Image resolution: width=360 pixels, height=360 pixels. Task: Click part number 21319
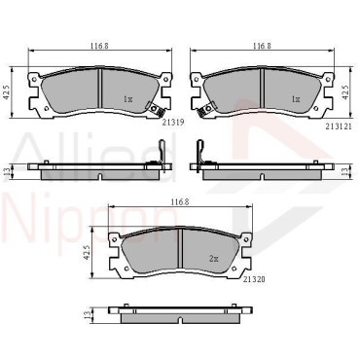pyautogui.click(x=173, y=123)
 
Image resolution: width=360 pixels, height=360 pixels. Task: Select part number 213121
pyautogui.click(x=339, y=127)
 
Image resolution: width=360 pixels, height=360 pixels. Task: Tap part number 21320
pyautogui.click(x=254, y=279)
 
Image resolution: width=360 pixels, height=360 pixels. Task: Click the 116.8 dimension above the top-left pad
pyautogui.click(x=99, y=46)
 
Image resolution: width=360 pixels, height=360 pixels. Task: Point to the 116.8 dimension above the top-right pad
pyautogui.click(x=262, y=46)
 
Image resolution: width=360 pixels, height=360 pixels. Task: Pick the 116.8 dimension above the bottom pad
pyautogui.click(x=180, y=201)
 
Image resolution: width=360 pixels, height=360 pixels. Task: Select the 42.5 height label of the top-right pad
pyautogui.click(x=345, y=91)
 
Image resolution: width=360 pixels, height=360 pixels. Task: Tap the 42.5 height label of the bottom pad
pyautogui.click(x=87, y=252)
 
